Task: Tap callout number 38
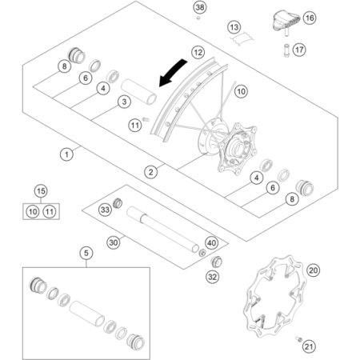point(200,7)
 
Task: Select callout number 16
point(310,18)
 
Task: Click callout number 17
point(299,50)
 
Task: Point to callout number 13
point(234,27)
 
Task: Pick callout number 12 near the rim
point(198,52)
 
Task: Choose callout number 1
point(66,154)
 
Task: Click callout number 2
point(150,172)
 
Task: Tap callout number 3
point(124,102)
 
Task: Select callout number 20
point(313,270)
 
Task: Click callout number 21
point(309,346)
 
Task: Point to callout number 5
point(86,253)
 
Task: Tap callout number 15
point(41,191)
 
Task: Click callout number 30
point(114,242)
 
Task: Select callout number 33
point(105,210)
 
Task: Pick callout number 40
point(212,243)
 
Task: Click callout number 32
point(213,277)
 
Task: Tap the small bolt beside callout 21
point(298,339)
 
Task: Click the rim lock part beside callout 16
point(286,20)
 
